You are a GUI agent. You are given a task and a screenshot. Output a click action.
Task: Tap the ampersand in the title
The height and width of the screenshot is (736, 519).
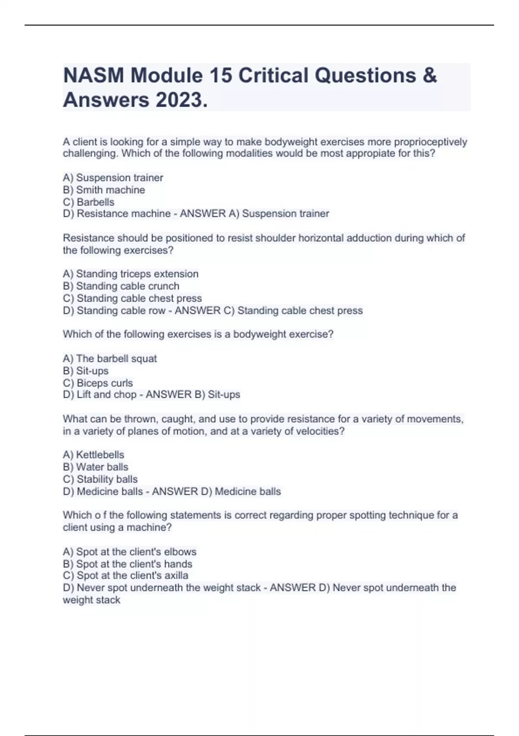click(x=429, y=76)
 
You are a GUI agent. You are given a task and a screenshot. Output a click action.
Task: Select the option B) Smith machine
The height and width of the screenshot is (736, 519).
click(x=104, y=190)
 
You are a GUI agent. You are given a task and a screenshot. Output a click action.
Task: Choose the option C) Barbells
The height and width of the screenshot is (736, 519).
click(x=89, y=202)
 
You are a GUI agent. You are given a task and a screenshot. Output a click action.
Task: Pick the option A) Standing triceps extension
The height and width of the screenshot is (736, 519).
click(x=131, y=274)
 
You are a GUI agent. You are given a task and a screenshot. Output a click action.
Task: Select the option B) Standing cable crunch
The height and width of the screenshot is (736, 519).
click(x=121, y=286)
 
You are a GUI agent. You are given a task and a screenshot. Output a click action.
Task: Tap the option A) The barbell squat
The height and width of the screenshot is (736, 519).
click(x=110, y=359)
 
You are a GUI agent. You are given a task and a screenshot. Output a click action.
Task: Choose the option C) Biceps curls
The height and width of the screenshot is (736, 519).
click(x=98, y=383)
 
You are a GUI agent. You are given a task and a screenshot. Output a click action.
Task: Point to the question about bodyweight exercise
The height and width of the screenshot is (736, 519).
click(x=198, y=334)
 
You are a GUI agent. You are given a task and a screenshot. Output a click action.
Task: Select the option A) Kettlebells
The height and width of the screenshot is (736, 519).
click(x=93, y=455)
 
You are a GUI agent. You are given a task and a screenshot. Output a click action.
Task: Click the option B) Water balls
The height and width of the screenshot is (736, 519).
click(x=96, y=467)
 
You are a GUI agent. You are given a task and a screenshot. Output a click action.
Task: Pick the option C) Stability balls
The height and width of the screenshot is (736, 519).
click(x=100, y=479)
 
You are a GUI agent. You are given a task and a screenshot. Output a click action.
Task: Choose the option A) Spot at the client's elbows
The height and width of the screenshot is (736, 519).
click(x=129, y=552)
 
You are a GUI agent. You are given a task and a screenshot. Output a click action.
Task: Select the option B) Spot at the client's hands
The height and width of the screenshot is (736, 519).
click(x=128, y=564)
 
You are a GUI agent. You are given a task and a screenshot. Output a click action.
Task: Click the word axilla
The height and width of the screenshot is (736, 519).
click(x=176, y=575)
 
